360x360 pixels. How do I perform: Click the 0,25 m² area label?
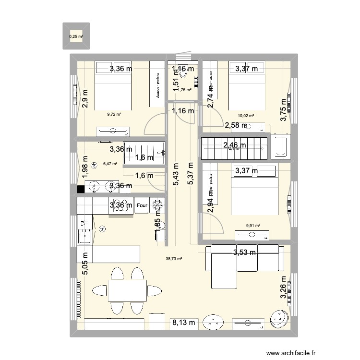click(76, 36)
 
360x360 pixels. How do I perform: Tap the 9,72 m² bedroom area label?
click(114, 114)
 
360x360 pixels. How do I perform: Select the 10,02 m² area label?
click(246, 116)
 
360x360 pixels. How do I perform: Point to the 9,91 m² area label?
click(253, 226)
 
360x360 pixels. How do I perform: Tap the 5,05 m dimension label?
click(85, 264)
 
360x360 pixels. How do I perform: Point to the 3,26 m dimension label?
click(284, 287)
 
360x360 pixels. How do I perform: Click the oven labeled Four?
click(142, 206)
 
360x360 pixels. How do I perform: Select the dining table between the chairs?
click(127, 290)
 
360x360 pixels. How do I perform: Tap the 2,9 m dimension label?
click(85, 100)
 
